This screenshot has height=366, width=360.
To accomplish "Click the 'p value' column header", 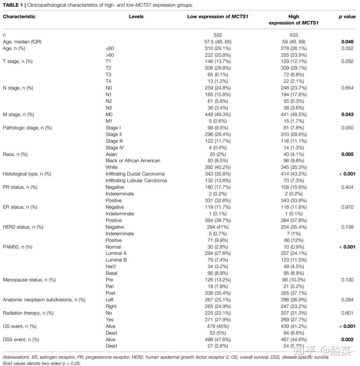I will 347,16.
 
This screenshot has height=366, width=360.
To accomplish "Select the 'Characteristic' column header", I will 19,16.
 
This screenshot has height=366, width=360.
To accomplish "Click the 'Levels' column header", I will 136,16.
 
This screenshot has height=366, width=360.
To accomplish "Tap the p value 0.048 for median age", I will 347,42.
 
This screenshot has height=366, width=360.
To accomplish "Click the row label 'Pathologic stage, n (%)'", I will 27,128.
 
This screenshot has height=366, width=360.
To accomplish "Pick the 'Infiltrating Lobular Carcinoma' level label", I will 136,181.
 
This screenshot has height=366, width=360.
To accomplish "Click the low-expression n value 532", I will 218,35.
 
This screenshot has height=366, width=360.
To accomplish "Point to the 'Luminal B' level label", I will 116,260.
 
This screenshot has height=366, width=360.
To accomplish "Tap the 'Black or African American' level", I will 133,161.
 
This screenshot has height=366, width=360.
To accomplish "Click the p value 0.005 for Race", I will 347,154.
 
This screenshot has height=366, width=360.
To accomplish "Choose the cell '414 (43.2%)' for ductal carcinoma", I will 294,174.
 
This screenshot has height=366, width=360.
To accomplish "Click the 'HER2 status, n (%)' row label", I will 23,227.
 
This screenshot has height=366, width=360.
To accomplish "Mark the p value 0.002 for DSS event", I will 347,339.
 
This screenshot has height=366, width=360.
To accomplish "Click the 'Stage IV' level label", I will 114,148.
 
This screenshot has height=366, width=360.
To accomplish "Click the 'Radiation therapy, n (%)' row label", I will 28,313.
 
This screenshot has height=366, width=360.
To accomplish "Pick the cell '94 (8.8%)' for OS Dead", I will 294,333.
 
